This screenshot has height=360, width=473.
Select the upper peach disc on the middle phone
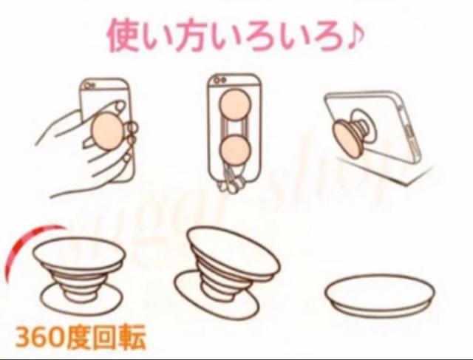(235, 104)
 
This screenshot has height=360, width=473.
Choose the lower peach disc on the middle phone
(235, 150)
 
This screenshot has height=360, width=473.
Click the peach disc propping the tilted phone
(348, 140)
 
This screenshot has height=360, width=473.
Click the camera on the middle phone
(220, 81)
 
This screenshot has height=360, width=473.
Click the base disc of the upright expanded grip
(82, 299)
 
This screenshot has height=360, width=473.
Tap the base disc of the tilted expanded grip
(216, 294)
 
